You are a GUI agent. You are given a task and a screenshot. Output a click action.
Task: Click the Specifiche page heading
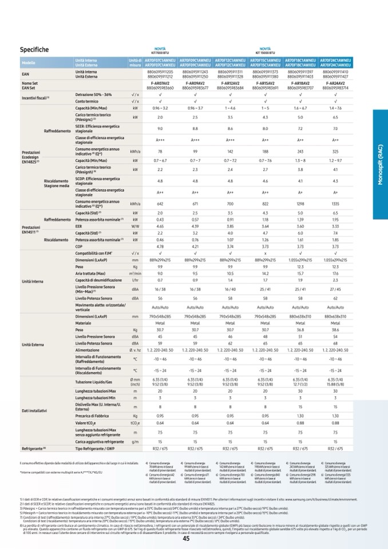pyautogui.click(x=34, y=50)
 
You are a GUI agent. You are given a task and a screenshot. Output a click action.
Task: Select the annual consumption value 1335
pyautogui.click(x=336, y=203)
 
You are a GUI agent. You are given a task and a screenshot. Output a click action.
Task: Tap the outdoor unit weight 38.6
pyautogui.click(x=336, y=330)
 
